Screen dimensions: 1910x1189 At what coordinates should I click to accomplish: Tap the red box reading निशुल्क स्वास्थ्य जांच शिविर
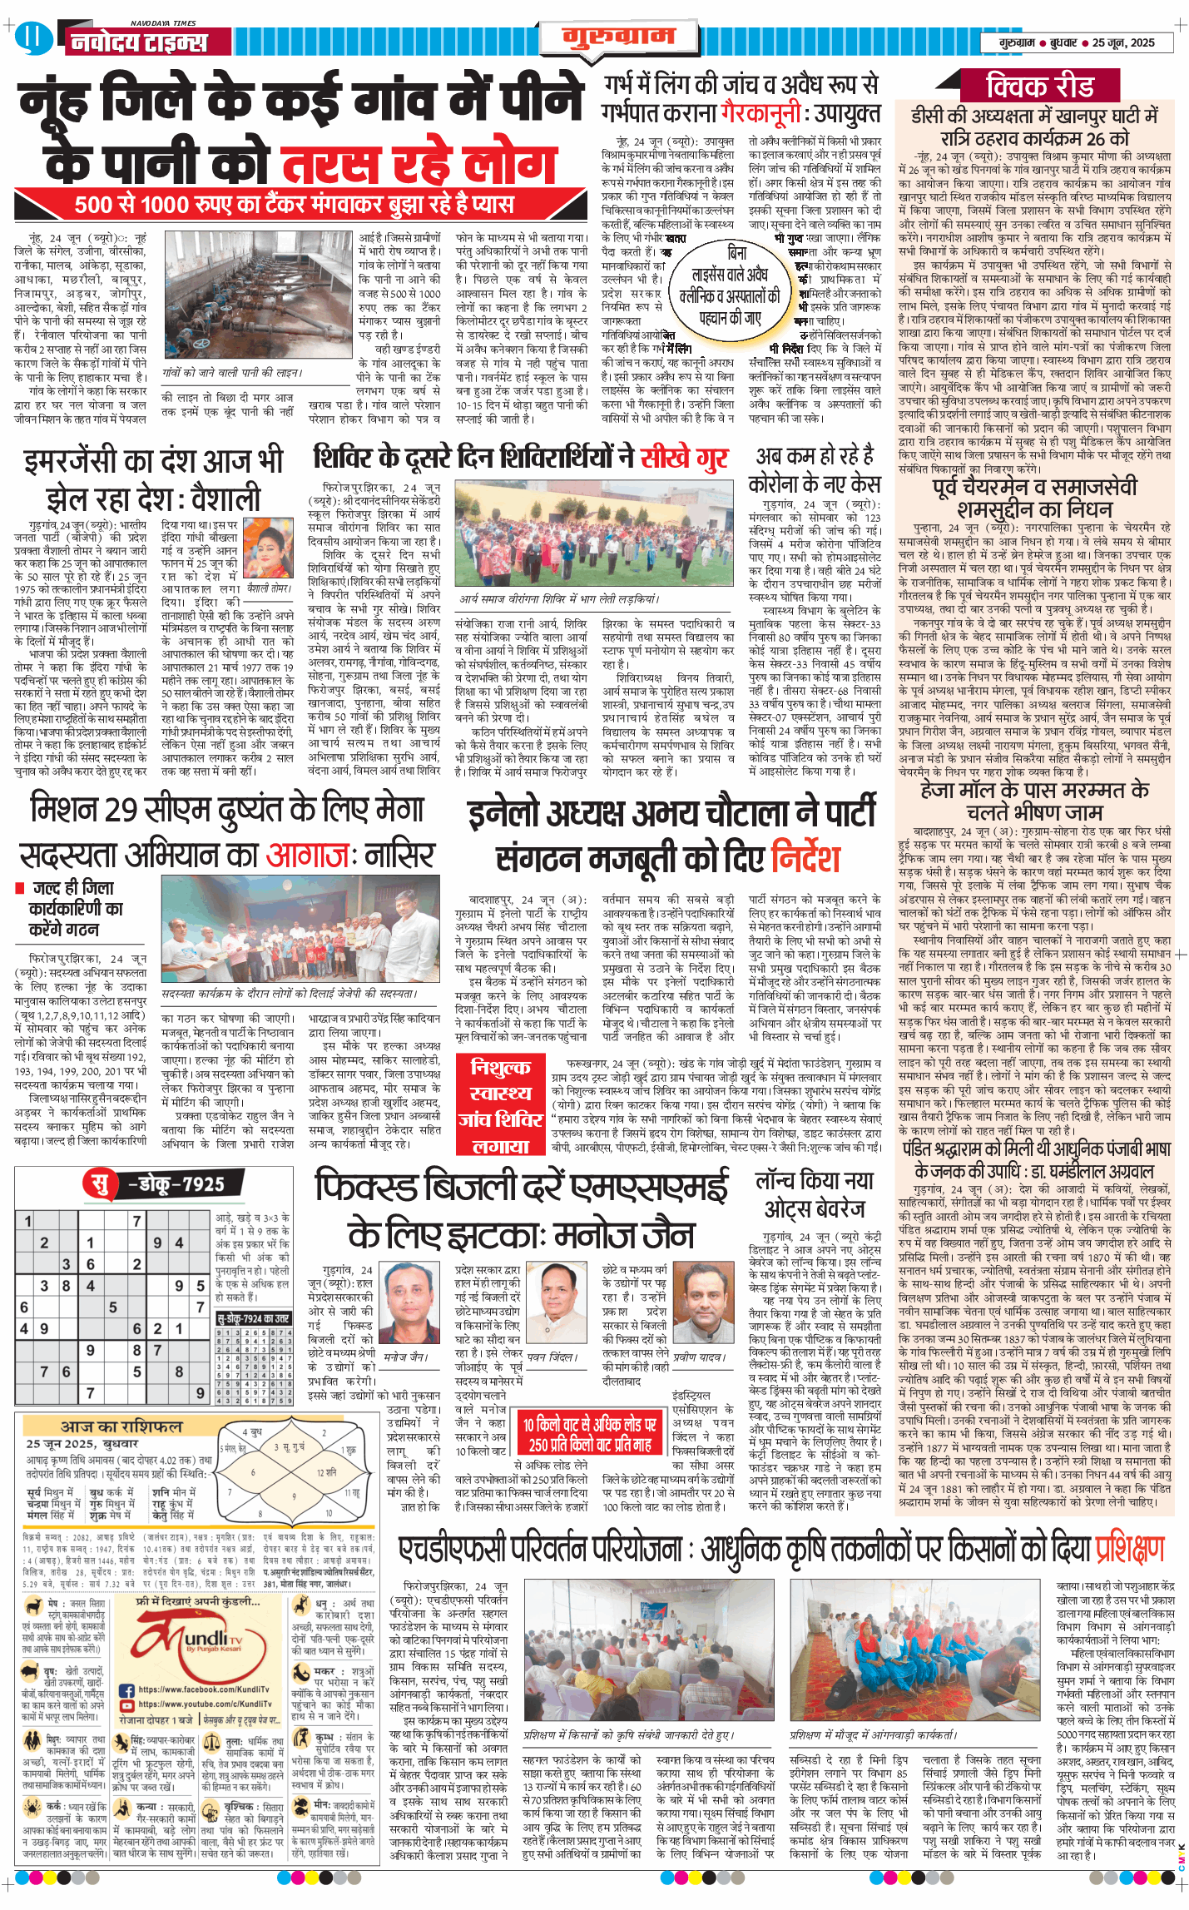(x=500, y=1104)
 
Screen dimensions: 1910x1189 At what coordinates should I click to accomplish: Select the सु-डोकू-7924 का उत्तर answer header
(x=253, y=1318)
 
